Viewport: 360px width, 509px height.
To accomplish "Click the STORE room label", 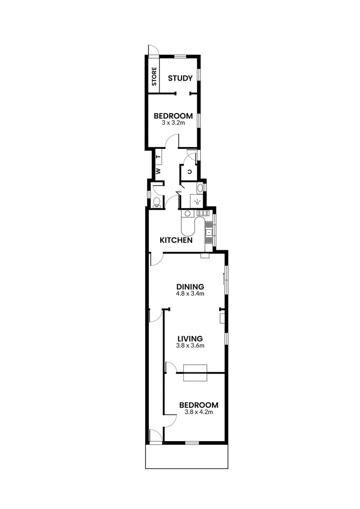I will tap(154, 77).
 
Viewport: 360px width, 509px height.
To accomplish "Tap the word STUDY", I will tap(180, 78).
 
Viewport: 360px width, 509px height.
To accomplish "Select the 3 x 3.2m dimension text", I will tap(173, 123).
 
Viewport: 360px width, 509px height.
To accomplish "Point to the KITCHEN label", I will tap(176, 240).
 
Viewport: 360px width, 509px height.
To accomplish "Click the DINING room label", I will tap(190, 286).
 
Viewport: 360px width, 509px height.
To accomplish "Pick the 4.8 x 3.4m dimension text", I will tap(190, 293).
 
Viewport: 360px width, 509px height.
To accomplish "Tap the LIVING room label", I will tap(190, 338).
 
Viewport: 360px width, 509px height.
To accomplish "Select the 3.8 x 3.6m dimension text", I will tap(190, 345).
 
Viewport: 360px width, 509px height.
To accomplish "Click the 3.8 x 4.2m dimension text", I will tap(199, 412).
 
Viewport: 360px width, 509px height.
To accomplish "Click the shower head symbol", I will tap(197, 202).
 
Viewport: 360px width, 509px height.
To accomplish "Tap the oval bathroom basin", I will tap(200, 189).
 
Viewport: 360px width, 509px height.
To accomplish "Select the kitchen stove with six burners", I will tap(203, 213).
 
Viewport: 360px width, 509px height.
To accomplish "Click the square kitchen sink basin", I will tap(208, 231).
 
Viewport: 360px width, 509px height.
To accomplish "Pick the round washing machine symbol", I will tap(188, 213).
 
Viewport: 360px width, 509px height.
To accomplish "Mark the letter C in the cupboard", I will tap(189, 172).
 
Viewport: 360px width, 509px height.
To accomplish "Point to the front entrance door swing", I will tap(155, 435).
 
